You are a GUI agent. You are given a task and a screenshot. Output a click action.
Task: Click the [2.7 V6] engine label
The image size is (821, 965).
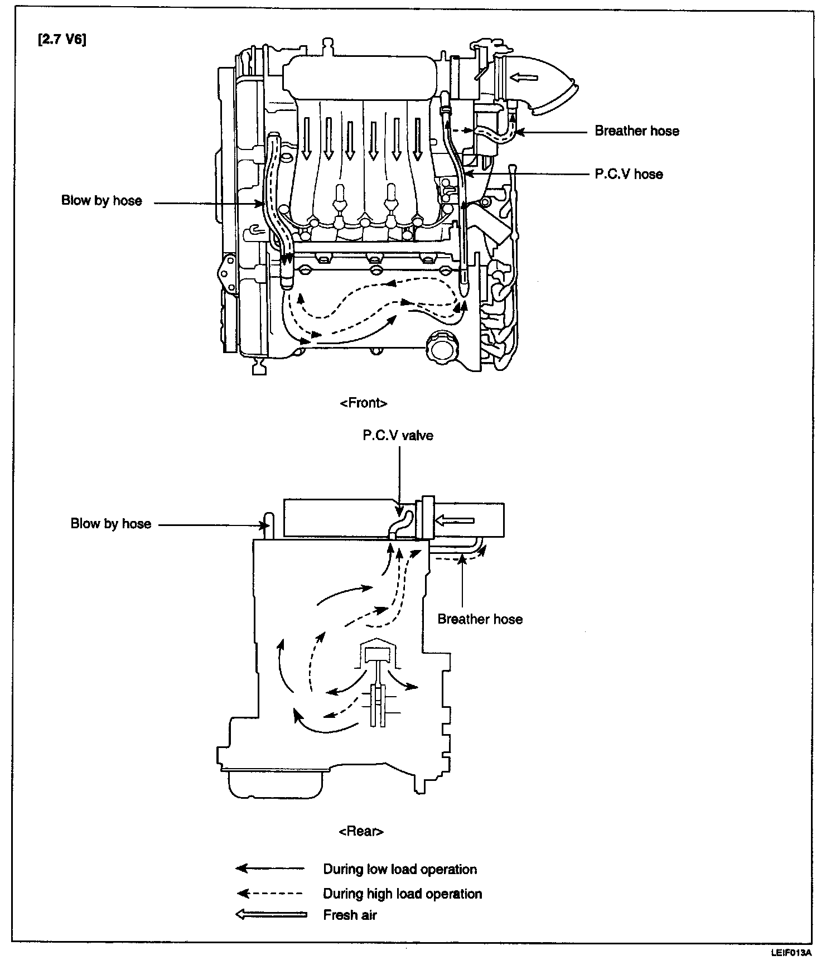pos(62,41)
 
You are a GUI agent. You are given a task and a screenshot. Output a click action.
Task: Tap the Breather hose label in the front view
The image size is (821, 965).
pos(637,132)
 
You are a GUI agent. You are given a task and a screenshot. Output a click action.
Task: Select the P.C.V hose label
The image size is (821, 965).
pos(629,175)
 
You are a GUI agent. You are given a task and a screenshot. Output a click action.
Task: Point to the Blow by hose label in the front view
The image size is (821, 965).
pos(102,201)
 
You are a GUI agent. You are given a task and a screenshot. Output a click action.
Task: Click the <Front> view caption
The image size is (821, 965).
pos(363,403)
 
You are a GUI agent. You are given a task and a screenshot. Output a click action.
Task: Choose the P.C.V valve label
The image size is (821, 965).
pos(398,436)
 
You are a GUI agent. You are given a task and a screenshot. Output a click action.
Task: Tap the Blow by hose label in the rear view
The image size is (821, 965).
pos(110,524)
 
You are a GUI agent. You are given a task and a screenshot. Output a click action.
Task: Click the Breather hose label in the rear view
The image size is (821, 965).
pos(480,619)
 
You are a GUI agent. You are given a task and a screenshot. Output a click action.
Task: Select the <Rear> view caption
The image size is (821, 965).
pos(361,832)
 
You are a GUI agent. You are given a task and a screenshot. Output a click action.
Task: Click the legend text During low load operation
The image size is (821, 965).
pos(400,870)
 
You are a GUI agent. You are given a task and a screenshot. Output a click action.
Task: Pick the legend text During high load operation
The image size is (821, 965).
pos(402,894)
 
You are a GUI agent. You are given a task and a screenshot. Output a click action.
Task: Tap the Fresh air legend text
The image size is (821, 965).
pos(350,915)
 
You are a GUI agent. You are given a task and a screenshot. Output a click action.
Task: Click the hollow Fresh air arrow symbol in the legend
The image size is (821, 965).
pos(271,915)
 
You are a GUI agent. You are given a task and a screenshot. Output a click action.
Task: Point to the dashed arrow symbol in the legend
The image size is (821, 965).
pos(270,894)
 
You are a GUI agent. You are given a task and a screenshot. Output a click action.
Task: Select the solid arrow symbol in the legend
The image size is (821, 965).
pos(270,868)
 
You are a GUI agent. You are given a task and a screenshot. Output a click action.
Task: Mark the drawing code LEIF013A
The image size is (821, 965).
pos(790,953)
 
